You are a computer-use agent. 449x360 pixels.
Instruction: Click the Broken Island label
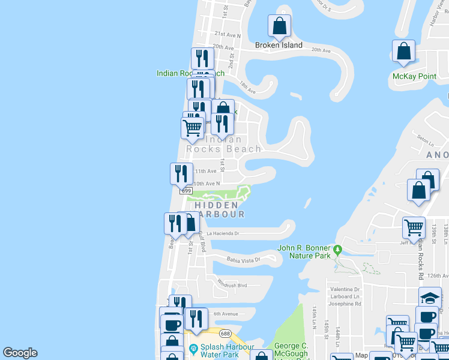pos(279,45)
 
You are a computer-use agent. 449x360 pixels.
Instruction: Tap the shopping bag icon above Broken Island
pos(280,26)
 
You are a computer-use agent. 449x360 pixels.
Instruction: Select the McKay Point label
pos(414,76)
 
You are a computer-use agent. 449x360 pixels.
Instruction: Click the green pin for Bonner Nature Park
pos(338,248)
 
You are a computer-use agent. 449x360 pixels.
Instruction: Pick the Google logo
pos(20,353)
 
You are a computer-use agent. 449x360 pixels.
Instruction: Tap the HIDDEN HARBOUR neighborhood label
pos(219,209)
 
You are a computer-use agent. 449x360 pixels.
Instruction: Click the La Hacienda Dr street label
pos(223,233)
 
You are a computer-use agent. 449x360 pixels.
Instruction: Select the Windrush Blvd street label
pos(232,284)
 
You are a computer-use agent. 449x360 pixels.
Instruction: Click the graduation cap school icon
pos(430,298)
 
